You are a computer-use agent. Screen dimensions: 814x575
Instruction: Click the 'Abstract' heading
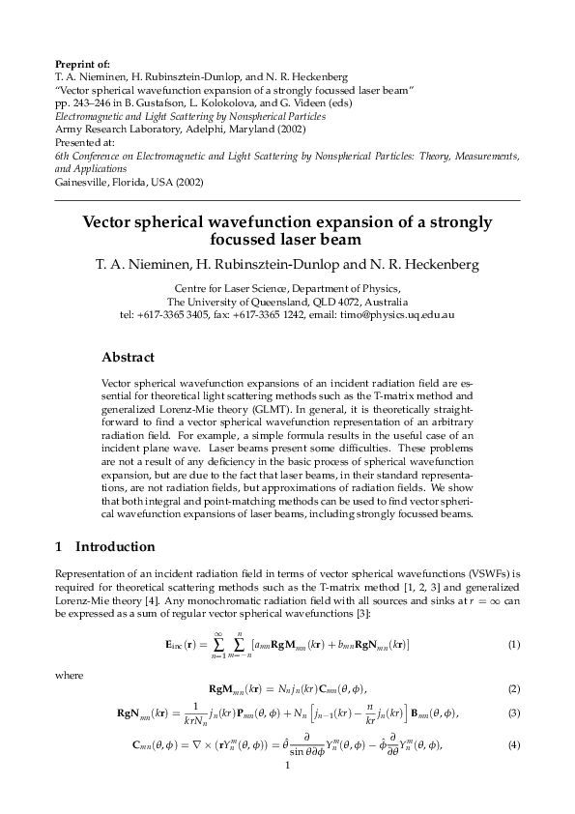pyautogui.click(x=128, y=358)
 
